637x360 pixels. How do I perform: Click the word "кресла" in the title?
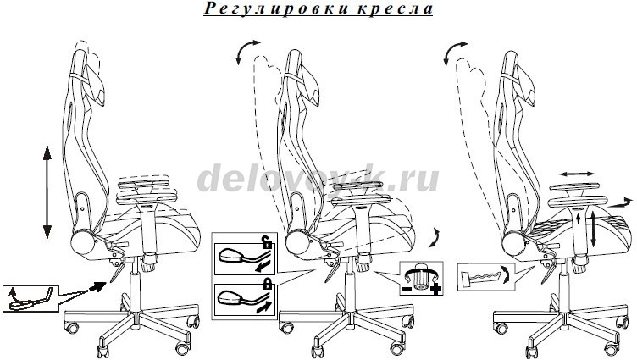(396, 9)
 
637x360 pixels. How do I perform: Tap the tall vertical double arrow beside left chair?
(47, 191)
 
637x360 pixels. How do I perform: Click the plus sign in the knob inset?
(436, 290)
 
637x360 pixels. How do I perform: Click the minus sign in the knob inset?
(407, 290)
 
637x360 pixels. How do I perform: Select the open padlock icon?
(267, 242)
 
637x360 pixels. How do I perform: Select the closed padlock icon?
(268, 283)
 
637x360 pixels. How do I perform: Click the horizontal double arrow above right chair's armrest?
(577, 174)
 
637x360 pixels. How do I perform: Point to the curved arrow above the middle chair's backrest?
(246, 50)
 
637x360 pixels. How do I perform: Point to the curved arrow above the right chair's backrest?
(454, 51)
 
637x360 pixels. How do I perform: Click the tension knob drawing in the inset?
(420, 280)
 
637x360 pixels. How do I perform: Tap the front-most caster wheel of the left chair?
(102, 351)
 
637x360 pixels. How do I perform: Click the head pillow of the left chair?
(94, 86)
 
